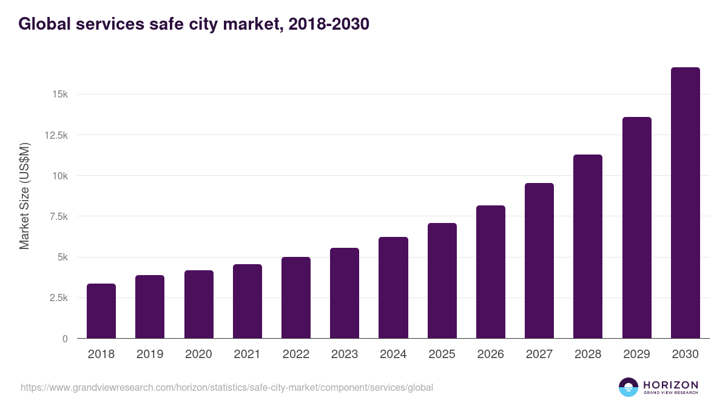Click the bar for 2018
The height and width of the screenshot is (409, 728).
(x=101, y=311)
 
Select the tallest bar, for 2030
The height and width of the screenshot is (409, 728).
(x=685, y=203)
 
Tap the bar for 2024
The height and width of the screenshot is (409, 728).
(x=393, y=288)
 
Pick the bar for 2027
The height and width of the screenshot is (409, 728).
(x=539, y=261)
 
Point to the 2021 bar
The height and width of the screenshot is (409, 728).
(x=248, y=301)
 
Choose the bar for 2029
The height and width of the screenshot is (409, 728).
(x=636, y=228)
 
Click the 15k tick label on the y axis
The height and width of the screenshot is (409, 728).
(x=59, y=95)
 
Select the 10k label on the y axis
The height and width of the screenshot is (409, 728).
(x=59, y=176)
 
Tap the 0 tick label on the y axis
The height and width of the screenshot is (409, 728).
(x=65, y=339)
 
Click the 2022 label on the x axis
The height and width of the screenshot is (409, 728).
(x=296, y=354)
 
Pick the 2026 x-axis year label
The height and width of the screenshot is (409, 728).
(x=491, y=354)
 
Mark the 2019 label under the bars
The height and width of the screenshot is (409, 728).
(x=150, y=354)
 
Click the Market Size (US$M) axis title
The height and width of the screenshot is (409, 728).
(x=24, y=196)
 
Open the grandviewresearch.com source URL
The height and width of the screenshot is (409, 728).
(x=227, y=387)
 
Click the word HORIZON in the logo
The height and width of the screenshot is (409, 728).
(x=670, y=384)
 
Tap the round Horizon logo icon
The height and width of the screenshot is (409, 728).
(x=629, y=387)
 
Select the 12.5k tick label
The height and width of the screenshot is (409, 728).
(x=56, y=135)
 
